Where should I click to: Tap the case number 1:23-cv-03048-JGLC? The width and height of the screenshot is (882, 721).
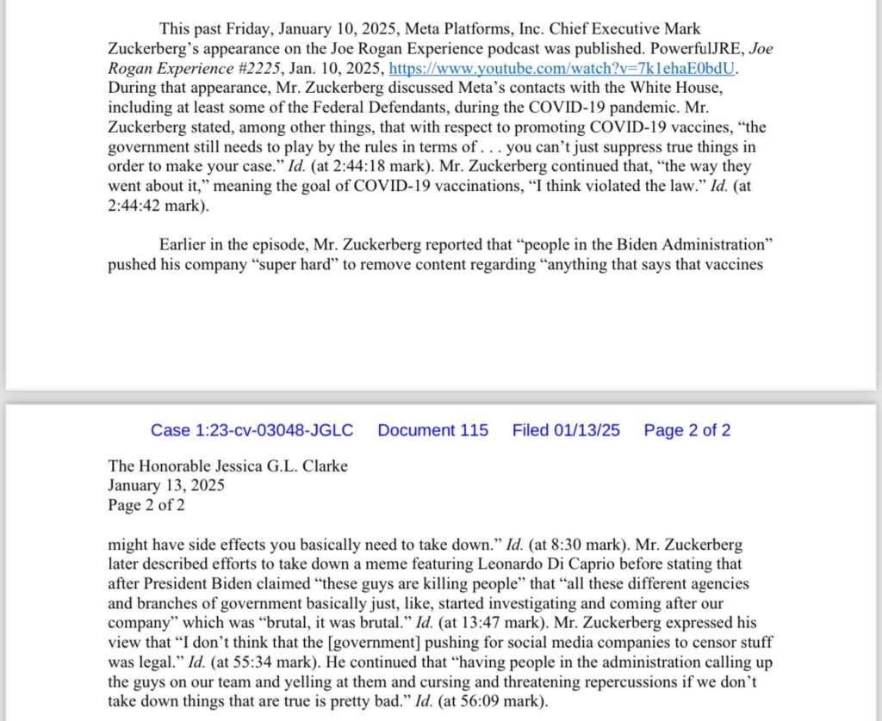point(252,430)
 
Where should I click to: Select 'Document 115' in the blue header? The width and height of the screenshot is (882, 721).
point(432,430)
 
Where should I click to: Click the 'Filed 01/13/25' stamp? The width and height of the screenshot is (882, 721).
point(566,430)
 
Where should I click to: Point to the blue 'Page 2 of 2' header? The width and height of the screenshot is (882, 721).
point(687,430)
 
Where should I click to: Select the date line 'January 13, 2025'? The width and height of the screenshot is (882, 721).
point(166,486)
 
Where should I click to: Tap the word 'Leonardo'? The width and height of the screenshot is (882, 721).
point(513,564)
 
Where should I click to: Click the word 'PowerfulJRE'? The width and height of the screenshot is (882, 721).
point(682,48)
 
